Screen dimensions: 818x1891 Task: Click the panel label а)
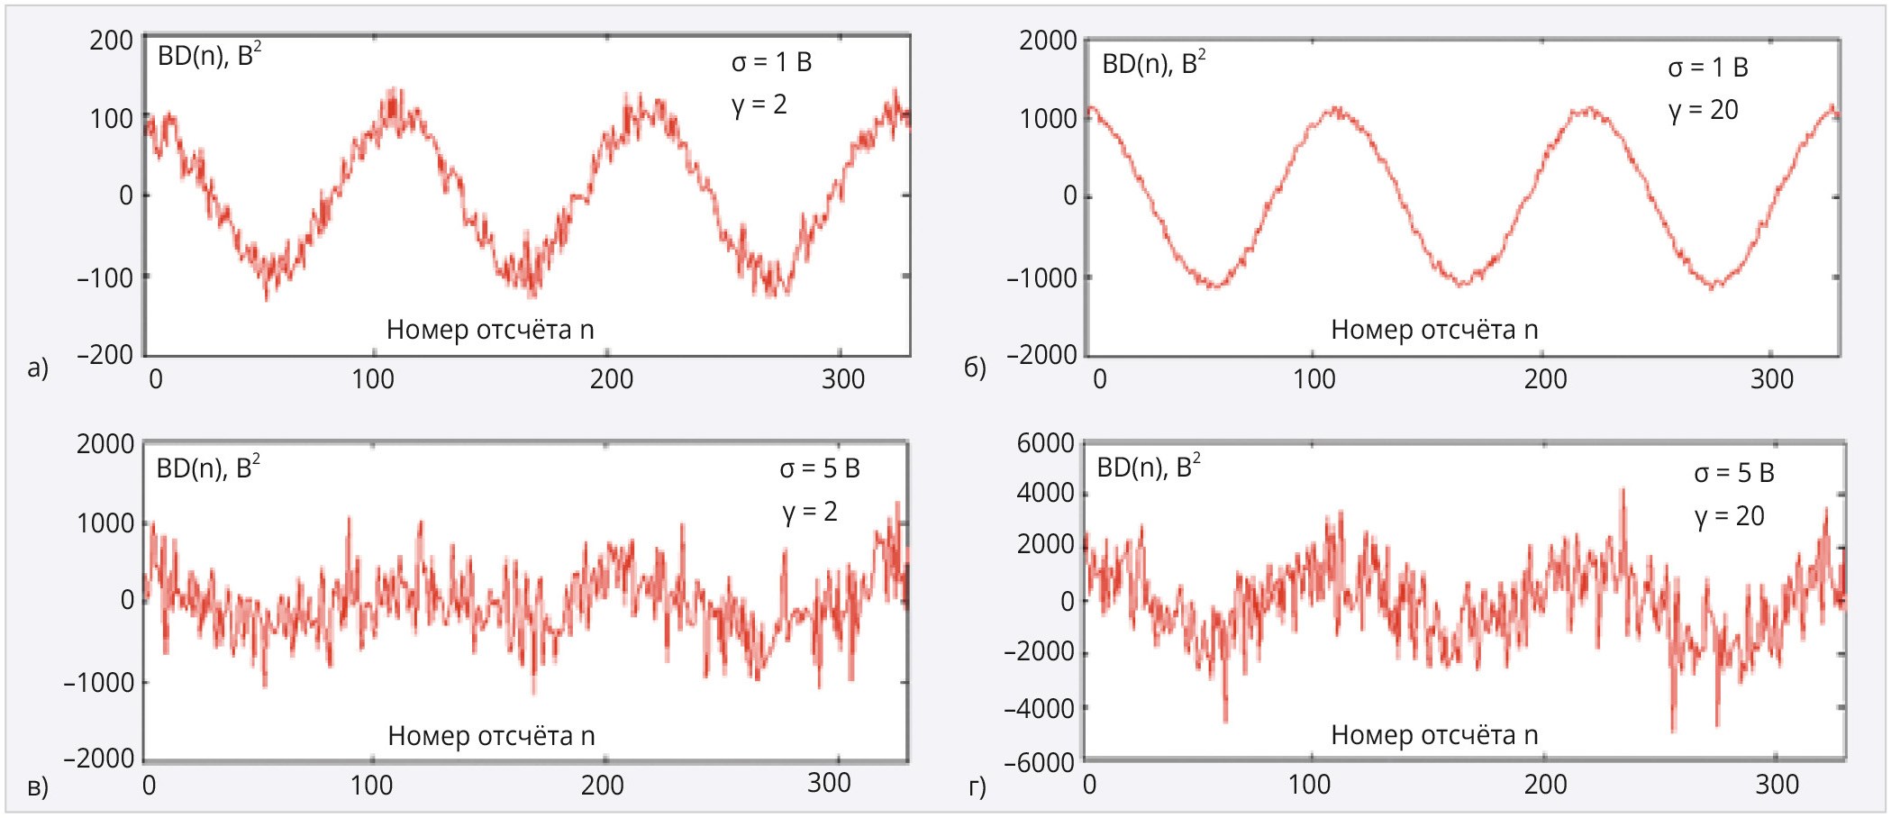(x=37, y=368)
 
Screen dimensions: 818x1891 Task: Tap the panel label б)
(x=975, y=368)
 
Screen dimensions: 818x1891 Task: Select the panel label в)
(x=37, y=786)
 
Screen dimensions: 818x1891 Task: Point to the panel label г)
(x=977, y=786)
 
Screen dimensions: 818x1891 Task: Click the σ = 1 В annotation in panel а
(x=771, y=62)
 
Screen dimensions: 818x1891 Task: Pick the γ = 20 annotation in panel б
(x=1703, y=110)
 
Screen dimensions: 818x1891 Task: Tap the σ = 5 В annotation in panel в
(x=820, y=468)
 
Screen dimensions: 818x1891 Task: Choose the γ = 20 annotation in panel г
(x=1729, y=516)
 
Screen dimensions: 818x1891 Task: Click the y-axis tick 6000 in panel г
(x=1045, y=443)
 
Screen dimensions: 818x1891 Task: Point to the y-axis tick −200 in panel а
(x=105, y=355)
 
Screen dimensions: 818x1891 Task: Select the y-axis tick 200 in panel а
(x=111, y=41)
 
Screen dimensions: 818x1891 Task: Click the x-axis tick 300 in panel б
(x=1771, y=379)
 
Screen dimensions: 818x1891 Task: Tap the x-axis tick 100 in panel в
(x=371, y=786)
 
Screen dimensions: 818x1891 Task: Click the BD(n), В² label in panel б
(x=1153, y=63)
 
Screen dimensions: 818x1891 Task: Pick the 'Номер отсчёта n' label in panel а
(x=490, y=330)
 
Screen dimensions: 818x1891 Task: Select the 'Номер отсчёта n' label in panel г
(x=1434, y=735)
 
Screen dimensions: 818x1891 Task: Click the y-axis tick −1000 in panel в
(x=98, y=683)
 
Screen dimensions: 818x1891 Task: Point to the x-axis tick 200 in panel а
(x=611, y=379)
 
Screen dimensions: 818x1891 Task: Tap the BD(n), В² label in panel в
(x=208, y=468)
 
